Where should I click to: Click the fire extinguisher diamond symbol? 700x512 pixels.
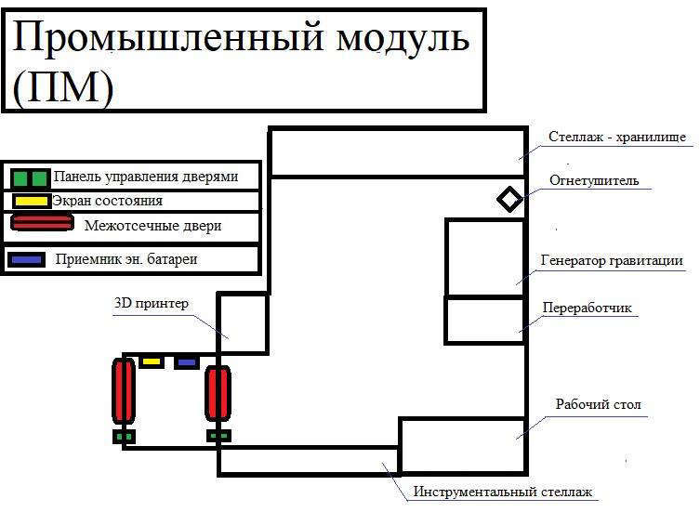508,199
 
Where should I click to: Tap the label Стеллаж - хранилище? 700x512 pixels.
616,138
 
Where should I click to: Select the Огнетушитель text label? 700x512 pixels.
593,180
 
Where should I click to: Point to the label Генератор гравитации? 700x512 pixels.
612,260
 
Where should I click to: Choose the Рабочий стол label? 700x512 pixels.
598,404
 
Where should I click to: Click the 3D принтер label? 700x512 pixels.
151,303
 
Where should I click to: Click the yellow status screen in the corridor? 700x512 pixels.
152,361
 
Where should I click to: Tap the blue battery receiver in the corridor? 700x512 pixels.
187,361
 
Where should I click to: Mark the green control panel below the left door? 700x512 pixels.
124,436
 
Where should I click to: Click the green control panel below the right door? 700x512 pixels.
218,435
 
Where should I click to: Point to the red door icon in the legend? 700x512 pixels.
41,223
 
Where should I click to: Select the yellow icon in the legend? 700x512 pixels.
32,200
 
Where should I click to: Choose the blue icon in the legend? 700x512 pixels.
27,259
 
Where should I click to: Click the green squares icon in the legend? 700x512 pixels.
30,177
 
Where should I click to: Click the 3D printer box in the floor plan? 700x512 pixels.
243,323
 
